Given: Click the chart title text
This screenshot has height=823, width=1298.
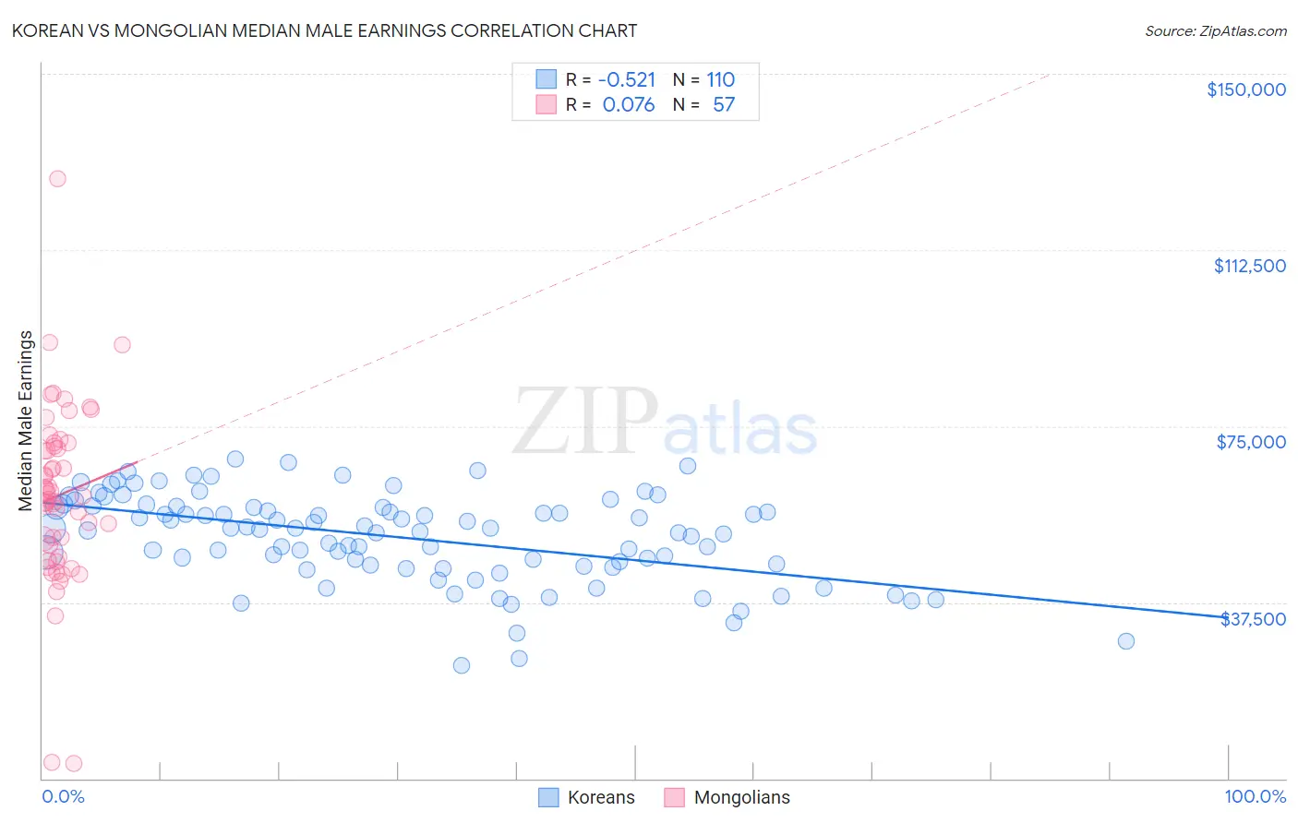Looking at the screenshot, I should [324, 30].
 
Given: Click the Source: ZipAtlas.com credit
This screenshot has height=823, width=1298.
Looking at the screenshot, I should [1215, 30].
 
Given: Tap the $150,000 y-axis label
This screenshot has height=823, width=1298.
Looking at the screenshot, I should [1245, 89].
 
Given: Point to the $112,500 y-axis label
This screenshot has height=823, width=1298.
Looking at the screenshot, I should [1249, 266].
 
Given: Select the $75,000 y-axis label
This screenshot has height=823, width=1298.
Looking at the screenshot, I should [1250, 442].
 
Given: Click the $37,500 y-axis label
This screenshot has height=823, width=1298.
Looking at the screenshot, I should [1253, 619].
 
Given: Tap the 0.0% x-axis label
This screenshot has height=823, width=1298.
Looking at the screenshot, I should [63, 796].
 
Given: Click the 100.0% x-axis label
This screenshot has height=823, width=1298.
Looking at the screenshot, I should [1255, 796].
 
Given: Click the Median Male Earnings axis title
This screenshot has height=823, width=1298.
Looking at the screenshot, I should [26, 421].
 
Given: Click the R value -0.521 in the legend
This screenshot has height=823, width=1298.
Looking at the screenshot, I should [626, 79].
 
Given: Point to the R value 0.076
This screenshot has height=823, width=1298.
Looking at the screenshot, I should [628, 104].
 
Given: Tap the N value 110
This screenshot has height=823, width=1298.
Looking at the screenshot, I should [720, 79].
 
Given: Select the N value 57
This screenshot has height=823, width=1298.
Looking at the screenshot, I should [724, 104].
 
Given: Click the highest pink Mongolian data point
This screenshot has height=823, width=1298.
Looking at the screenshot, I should [57, 179].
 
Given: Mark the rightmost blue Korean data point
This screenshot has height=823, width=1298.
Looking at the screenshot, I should [1125, 641].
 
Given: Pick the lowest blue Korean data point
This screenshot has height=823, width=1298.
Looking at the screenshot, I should [462, 665].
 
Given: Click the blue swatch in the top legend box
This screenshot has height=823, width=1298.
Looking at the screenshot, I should [547, 79].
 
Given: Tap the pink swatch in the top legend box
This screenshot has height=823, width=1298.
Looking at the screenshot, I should [547, 104].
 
